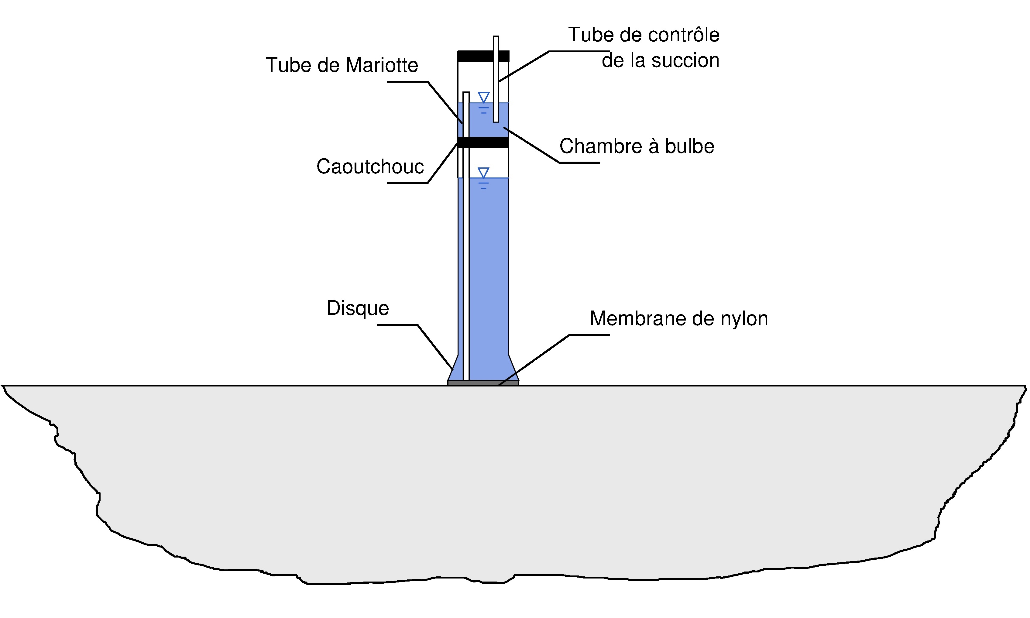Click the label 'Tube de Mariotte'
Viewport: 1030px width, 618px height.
342,65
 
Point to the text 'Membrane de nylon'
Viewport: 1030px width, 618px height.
679,319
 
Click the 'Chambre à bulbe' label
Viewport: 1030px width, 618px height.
637,146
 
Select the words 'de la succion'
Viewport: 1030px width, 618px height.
661,60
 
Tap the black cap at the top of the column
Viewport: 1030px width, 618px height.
483,56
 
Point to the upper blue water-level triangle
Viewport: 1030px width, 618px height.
483,97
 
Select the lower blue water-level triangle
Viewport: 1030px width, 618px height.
483,172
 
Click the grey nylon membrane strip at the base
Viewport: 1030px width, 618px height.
483,383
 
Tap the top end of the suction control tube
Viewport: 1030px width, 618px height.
496,37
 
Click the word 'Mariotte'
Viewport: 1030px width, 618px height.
382,65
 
